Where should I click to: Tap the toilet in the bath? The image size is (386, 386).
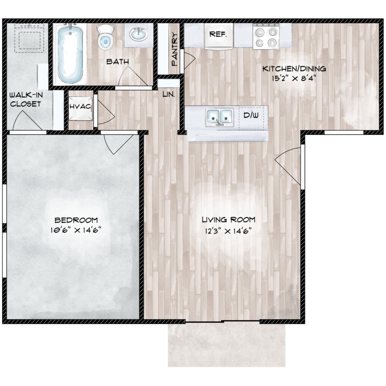coord(106,37)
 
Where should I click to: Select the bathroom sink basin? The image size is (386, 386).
coord(138,34)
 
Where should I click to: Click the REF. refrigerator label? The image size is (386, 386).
coord(218,34)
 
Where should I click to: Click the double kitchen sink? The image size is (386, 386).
coord(220,117)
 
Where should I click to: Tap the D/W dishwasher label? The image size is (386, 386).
coord(251,115)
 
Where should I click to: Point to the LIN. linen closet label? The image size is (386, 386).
coord(169,94)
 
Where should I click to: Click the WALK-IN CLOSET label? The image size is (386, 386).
coord(26,99)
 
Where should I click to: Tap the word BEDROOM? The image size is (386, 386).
coord(76,220)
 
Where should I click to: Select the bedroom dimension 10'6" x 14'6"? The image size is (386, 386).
coord(76,230)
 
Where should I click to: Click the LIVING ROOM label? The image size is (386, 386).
coord(229,220)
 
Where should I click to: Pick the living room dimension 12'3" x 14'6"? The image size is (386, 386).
coord(229,231)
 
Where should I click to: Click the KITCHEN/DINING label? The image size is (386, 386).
coord(294,68)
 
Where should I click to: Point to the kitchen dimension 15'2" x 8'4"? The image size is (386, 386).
coord(294,79)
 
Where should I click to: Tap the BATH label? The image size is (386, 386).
coord(118,62)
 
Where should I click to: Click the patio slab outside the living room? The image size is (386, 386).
coord(226,345)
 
